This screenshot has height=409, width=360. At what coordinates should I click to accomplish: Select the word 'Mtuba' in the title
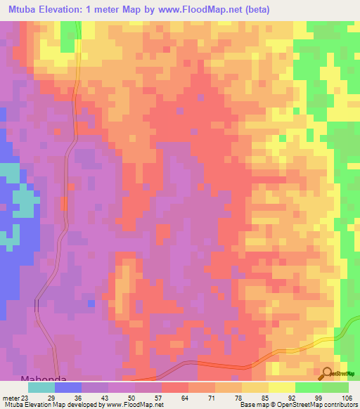click(x=24, y=9)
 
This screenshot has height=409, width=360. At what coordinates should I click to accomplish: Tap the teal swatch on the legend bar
click(x=41, y=387)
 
